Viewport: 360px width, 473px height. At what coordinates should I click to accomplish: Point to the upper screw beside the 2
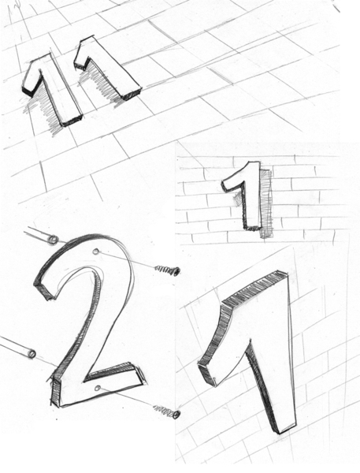tap(168, 270)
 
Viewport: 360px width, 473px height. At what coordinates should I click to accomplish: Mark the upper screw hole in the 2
tap(96, 251)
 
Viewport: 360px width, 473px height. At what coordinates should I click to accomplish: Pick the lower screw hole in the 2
tap(97, 389)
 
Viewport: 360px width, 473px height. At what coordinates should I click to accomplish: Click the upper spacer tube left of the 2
tap(41, 235)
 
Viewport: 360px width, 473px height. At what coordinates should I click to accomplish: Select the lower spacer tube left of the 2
tap(17, 347)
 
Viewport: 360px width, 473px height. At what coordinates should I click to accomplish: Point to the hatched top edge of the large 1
tap(254, 288)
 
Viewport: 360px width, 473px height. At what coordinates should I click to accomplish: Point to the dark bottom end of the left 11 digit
tap(72, 121)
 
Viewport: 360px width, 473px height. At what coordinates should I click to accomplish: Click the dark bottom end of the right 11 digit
tap(132, 94)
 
